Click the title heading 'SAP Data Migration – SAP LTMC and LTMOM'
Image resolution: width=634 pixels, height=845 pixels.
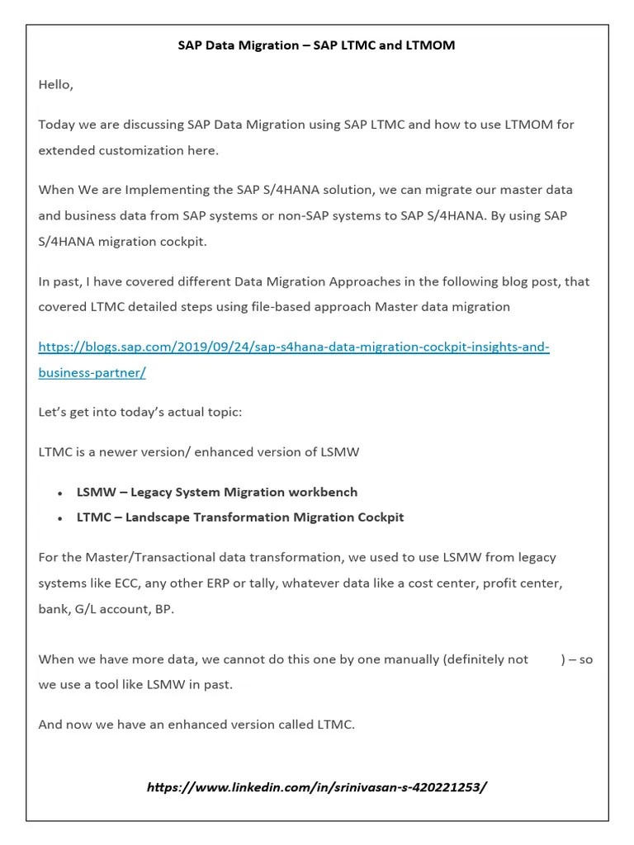coord(316,45)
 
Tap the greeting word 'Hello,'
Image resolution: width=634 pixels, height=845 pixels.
coord(56,84)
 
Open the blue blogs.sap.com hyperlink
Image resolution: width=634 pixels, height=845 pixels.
coord(294,347)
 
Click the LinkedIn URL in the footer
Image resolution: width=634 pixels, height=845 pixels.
coord(316,786)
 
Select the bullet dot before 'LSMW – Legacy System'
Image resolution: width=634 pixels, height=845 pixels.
coord(60,493)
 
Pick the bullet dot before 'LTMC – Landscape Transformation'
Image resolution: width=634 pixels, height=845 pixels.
coord(60,519)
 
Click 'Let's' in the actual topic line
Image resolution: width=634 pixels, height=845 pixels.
coord(54,412)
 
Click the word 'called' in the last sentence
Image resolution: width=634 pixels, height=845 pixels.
coord(296,725)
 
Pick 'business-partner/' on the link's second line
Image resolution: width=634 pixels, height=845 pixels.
coord(92,372)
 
